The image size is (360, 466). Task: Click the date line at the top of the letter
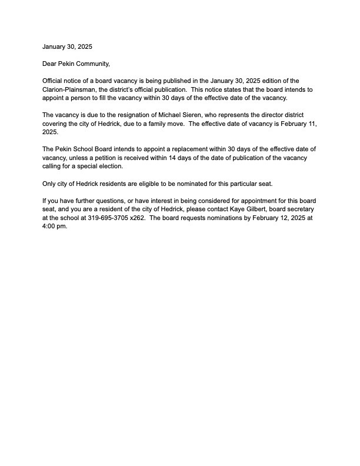67,46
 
